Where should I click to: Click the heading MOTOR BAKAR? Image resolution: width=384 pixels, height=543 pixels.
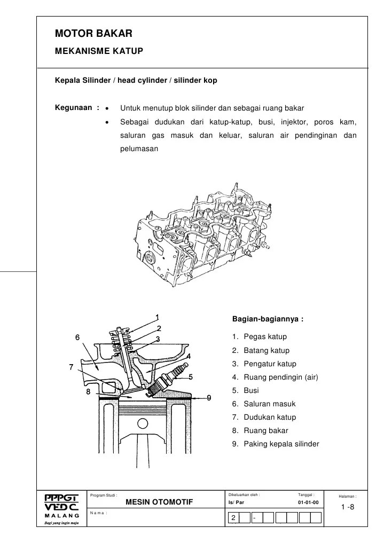(x=93, y=34)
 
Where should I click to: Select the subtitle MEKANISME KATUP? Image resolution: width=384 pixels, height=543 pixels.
(x=99, y=52)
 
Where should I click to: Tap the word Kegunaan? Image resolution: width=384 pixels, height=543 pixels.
(x=75, y=107)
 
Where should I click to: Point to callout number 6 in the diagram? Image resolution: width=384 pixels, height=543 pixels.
(x=77, y=337)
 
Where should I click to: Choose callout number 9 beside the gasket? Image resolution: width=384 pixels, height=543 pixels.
(x=209, y=397)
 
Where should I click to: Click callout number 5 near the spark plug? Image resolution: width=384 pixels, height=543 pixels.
(x=191, y=376)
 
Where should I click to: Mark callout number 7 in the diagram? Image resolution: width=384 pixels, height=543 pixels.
(x=71, y=367)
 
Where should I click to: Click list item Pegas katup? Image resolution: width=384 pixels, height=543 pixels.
(x=265, y=337)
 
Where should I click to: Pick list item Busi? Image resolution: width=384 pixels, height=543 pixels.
(x=251, y=390)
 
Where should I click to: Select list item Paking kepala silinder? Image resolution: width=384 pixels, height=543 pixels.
(x=281, y=444)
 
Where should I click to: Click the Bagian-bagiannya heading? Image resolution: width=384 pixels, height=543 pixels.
(x=268, y=319)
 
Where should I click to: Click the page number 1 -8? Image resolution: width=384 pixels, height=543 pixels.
(x=348, y=507)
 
